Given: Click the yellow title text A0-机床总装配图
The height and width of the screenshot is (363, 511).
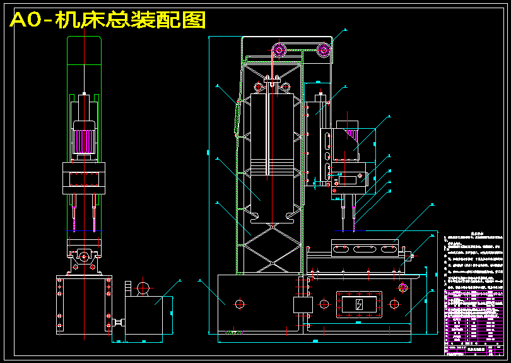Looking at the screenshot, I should point(108,20).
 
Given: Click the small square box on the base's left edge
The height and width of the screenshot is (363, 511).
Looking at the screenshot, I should point(303,304).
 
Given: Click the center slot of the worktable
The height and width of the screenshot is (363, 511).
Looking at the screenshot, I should point(366,249).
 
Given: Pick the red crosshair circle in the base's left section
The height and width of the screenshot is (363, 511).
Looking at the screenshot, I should point(240,304).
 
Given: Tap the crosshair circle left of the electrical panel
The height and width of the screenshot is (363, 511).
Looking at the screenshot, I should point(324,304).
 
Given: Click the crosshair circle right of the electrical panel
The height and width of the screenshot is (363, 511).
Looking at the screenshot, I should point(394,304).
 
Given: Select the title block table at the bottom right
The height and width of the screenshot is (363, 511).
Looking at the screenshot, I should point(476,331).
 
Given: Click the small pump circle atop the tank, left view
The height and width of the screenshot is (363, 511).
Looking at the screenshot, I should point(143,288).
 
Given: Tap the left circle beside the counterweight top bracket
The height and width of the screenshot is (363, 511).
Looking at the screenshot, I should point(257,86).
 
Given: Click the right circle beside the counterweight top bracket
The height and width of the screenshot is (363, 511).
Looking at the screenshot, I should point(286,86).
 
